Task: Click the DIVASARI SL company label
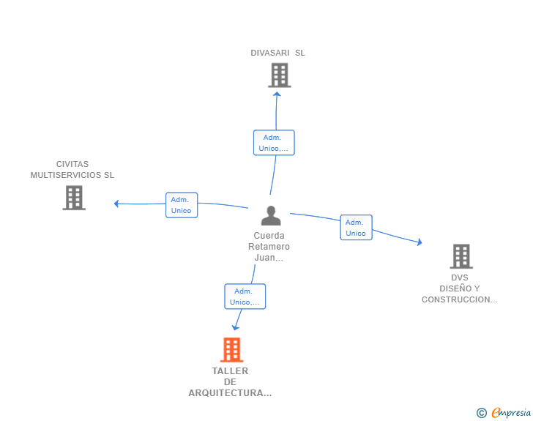tap(277, 53)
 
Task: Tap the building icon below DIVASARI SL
tap(280, 75)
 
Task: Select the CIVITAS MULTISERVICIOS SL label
tap(72, 169)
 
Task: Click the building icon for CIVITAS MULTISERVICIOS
tap(74, 198)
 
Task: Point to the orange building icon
tap(232, 349)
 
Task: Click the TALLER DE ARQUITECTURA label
tap(230, 382)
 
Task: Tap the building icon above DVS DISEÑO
tap(461, 256)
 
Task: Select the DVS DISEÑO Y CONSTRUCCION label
tap(460, 288)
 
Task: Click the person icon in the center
tap(271, 215)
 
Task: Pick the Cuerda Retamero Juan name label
tap(269, 247)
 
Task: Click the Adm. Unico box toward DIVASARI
tap(274, 143)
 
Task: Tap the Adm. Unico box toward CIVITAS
tap(182, 205)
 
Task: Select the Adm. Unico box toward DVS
tap(357, 228)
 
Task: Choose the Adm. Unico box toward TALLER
tap(245, 297)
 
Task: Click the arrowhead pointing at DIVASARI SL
tap(277, 94)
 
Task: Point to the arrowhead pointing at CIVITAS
tap(116, 204)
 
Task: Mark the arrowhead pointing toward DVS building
tap(420, 242)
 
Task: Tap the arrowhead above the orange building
tap(236, 327)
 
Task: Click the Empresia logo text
tap(511, 412)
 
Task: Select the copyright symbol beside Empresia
tap(482, 413)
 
